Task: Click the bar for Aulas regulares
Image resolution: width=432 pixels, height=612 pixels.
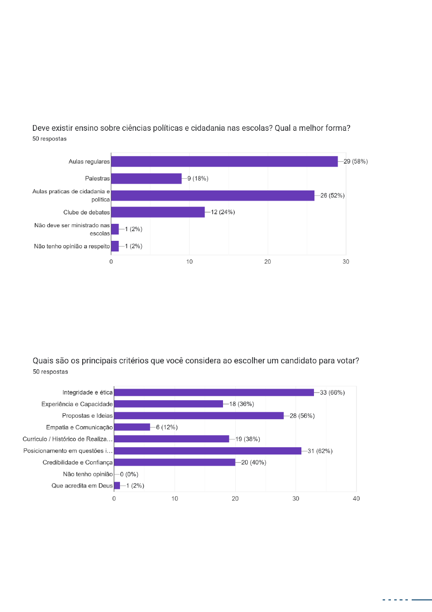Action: [x=224, y=161]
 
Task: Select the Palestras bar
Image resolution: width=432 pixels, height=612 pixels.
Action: [x=147, y=178]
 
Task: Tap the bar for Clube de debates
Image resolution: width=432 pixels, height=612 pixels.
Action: [x=158, y=212]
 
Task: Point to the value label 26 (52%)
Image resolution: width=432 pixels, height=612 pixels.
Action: [x=332, y=195]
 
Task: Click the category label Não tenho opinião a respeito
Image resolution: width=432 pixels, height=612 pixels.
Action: [x=72, y=246]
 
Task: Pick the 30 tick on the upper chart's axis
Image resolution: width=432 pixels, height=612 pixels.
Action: [x=346, y=262]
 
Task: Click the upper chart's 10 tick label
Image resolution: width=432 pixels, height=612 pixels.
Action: [x=189, y=262]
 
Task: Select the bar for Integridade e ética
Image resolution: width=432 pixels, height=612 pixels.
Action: [x=214, y=392]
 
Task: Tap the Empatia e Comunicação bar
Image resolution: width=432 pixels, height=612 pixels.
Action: [x=132, y=427]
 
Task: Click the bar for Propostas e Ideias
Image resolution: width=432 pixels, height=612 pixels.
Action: [x=199, y=416]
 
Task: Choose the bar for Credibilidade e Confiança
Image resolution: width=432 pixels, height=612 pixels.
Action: [x=175, y=462]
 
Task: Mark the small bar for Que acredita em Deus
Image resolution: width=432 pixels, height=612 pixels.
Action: [x=117, y=486]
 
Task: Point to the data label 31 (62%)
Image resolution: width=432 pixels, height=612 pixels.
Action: [x=320, y=451]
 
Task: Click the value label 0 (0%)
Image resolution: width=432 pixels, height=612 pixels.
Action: [x=129, y=474]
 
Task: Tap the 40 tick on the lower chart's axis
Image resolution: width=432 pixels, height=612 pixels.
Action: [x=356, y=499]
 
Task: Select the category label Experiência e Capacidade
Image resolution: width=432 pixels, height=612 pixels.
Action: [x=77, y=404]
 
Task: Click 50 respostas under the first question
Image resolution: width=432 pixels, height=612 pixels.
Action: [x=49, y=139]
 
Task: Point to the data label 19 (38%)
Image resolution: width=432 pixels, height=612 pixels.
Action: [x=248, y=439]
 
